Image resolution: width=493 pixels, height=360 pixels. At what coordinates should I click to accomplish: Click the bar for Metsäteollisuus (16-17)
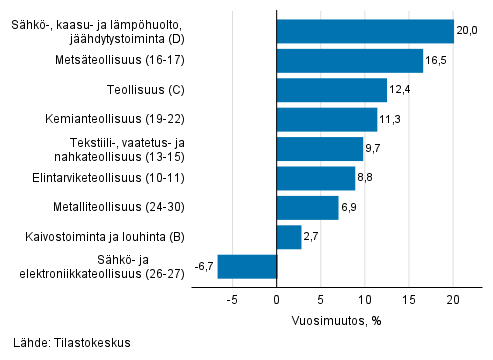[x=349, y=61]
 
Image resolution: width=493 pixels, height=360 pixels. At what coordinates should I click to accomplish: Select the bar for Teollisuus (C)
[x=331, y=90]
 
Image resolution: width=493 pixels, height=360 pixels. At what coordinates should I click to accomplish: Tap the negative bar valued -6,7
[x=247, y=266]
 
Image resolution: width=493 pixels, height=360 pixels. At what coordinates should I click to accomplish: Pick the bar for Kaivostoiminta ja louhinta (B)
[x=288, y=237]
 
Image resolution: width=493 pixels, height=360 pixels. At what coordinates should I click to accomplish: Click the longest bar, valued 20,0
[x=364, y=31]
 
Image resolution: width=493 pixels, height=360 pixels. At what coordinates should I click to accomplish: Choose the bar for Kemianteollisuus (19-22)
[x=326, y=120]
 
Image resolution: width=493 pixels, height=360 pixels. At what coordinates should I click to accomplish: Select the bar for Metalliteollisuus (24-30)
[x=307, y=208]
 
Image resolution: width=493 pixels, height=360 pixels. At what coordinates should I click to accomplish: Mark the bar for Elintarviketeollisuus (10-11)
[x=315, y=178]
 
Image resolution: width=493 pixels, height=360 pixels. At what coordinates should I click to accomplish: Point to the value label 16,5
[x=436, y=61]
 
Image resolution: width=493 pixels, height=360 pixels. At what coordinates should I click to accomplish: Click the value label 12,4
[x=400, y=90]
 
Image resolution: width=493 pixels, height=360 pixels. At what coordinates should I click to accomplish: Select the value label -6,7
[x=202, y=267]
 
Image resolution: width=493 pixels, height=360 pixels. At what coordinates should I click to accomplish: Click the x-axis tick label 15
[x=408, y=297]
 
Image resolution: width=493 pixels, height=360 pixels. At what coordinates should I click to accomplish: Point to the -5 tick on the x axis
[x=231, y=297]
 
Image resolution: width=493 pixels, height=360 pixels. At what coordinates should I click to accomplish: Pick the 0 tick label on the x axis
[x=276, y=297]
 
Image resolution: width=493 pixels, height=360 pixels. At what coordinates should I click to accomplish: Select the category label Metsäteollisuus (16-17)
[x=127, y=61]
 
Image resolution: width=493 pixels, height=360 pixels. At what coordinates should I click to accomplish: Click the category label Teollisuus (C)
[x=151, y=90]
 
